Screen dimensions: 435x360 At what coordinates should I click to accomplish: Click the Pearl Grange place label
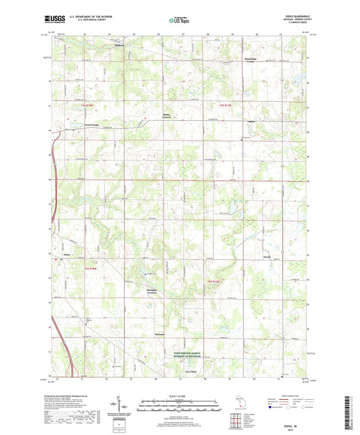(74, 125)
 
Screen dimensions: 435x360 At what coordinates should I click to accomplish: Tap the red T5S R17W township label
(215, 280)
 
